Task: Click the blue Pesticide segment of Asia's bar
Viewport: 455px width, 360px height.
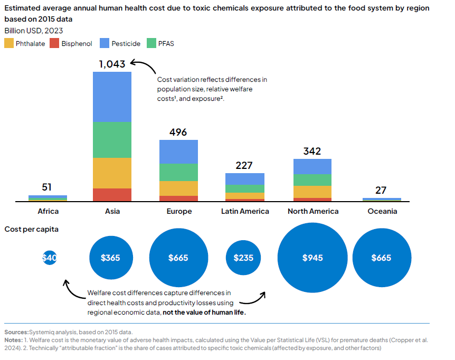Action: click(x=112, y=97)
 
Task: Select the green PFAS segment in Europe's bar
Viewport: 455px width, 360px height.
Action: click(x=178, y=172)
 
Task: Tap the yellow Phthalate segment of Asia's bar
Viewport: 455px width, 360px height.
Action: click(x=112, y=173)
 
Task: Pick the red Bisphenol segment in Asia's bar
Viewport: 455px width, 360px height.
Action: click(x=112, y=195)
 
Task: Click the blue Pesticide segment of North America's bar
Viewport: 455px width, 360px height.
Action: click(x=312, y=166)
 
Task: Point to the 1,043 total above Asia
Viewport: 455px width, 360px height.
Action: click(x=112, y=64)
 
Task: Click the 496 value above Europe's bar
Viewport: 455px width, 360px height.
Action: click(x=178, y=132)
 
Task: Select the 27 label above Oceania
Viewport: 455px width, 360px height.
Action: click(x=381, y=190)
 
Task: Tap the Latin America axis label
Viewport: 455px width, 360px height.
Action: click(x=245, y=211)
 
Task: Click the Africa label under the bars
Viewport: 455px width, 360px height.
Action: click(x=48, y=211)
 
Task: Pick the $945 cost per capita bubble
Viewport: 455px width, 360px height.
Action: click(x=312, y=258)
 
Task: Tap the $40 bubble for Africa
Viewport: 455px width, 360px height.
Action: click(x=49, y=258)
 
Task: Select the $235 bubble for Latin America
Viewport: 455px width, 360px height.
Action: click(x=243, y=258)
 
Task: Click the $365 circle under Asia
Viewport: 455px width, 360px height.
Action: click(x=111, y=258)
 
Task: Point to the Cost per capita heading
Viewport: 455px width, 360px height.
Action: click(x=32, y=229)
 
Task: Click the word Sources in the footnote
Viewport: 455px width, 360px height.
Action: click(x=16, y=331)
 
